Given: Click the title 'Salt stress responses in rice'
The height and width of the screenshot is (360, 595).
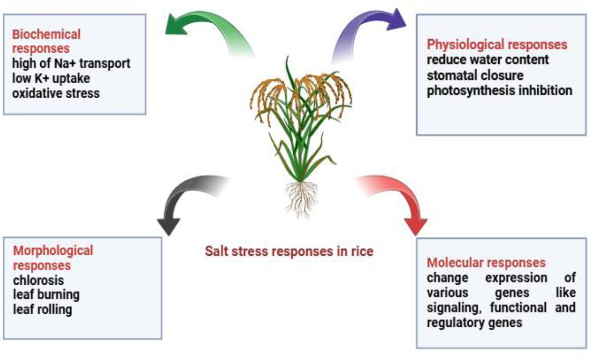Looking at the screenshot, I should tap(289, 251).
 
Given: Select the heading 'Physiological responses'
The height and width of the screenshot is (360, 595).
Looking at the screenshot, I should tap(497, 45).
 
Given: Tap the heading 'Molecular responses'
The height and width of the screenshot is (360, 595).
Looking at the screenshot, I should tap(486, 262).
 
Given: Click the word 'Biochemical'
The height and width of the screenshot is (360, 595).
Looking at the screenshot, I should tap(47, 34).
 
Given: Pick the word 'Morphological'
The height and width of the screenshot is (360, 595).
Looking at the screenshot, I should tap(53, 250).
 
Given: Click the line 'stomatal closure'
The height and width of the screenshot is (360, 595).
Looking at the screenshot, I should tap(475, 75).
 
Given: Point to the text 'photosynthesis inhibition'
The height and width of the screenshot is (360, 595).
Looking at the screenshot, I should tap(499, 90).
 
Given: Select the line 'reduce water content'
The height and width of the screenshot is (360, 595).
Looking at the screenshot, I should tap(488, 60).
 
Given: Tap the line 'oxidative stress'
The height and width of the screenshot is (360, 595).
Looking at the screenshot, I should tap(56, 94).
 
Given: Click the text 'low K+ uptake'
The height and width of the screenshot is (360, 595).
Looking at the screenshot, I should tap(51, 78).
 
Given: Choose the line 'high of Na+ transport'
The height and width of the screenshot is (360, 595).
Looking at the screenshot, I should tap(71, 64).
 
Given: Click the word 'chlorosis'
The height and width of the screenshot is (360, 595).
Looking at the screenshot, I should tap(39, 280).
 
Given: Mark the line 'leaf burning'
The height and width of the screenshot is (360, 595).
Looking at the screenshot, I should tap(46, 295).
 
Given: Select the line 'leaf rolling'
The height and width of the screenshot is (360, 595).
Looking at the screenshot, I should tap(43, 309).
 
